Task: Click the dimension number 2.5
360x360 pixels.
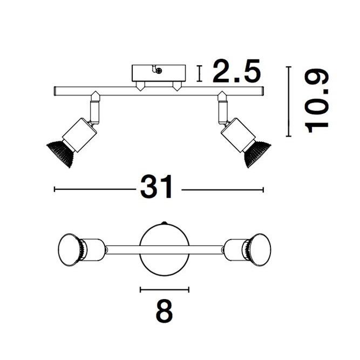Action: click(x=236, y=72)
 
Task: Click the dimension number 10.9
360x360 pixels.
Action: click(x=316, y=101)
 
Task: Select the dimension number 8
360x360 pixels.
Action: click(x=164, y=312)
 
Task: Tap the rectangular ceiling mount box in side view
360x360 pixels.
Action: click(x=159, y=73)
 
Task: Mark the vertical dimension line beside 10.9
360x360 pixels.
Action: click(x=288, y=101)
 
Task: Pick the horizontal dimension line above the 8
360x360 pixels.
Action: click(x=165, y=289)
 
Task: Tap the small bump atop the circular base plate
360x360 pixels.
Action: click(x=165, y=224)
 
